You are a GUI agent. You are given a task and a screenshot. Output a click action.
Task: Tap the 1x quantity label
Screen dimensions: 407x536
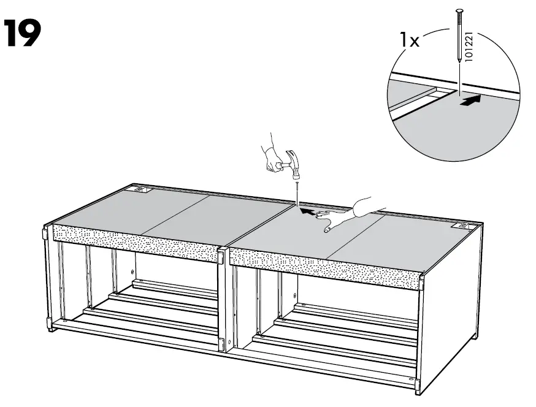[x=409, y=40]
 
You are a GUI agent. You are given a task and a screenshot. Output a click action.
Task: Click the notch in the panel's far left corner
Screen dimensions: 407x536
[x=142, y=191]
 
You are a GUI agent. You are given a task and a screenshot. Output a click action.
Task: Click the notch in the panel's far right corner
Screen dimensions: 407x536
[x=461, y=226]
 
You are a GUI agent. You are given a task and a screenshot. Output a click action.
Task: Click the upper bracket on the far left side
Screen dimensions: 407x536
[x=45, y=234]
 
